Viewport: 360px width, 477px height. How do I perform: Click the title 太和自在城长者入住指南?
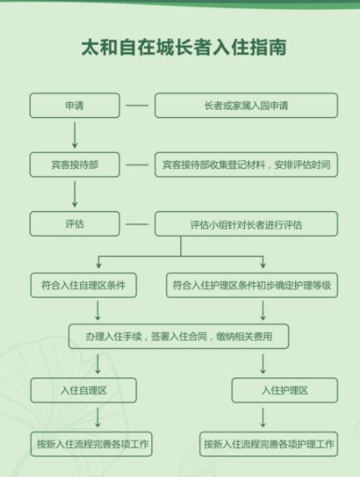184,47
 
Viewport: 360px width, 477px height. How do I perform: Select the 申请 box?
75,106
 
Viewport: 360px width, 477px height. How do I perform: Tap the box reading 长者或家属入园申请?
246,106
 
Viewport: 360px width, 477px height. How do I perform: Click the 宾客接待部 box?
75,165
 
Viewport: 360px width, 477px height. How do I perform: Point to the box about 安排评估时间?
246,165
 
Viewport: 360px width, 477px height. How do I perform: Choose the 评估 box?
75,224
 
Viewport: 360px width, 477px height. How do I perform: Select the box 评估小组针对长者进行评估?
246,224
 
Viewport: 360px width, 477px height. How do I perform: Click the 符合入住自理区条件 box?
83,285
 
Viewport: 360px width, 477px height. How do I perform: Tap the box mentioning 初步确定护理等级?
252,285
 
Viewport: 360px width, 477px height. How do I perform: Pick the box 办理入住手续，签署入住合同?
179,337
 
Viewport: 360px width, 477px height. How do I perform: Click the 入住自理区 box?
83,391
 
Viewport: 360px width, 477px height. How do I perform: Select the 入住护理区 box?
284,391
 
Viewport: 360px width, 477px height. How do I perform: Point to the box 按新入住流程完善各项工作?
91,444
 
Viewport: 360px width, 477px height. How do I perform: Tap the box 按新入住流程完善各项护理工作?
269,444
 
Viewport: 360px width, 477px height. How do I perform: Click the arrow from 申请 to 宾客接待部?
75,135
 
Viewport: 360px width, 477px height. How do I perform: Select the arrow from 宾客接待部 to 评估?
75,194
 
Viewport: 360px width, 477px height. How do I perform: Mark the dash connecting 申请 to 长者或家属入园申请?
137,106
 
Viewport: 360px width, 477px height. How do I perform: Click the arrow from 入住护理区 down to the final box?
263,417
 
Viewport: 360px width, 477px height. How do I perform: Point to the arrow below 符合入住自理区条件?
97,310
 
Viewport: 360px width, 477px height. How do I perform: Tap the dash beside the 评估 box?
137,224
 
